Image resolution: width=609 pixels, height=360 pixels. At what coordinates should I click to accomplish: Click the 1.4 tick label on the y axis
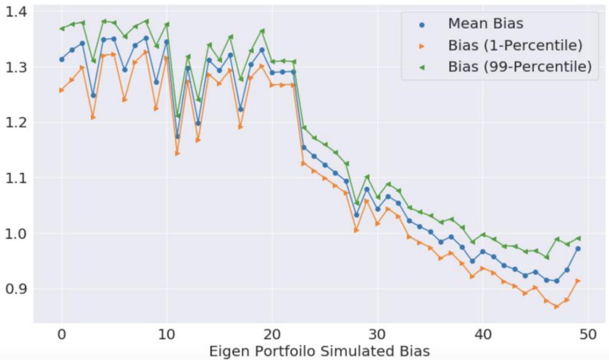(17, 11)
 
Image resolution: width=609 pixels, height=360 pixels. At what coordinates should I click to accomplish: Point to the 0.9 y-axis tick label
(17, 289)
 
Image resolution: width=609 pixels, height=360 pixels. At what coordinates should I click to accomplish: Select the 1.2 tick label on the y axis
(17, 123)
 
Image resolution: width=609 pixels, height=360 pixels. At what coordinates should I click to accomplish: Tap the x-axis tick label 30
(377, 335)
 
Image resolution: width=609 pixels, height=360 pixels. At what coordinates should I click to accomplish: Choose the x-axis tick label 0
(61, 335)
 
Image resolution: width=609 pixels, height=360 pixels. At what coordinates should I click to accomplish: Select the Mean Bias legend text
(485, 24)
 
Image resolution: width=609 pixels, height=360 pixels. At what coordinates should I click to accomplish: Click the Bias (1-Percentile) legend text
(515, 46)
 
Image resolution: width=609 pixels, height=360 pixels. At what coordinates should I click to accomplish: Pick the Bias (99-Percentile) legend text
(520, 67)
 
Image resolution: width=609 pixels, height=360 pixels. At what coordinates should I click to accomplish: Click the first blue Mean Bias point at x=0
(61, 59)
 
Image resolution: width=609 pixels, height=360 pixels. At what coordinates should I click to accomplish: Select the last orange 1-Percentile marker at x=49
(578, 280)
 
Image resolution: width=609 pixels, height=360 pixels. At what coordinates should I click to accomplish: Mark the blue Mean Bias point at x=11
(177, 136)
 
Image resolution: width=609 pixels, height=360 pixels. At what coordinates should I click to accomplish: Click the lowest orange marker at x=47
(557, 306)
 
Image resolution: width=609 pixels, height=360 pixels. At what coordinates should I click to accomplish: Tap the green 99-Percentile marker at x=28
(356, 203)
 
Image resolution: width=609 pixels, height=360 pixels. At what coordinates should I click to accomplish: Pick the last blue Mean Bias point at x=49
(578, 249)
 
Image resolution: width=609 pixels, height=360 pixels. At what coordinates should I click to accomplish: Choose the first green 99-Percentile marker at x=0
(61, 29)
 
